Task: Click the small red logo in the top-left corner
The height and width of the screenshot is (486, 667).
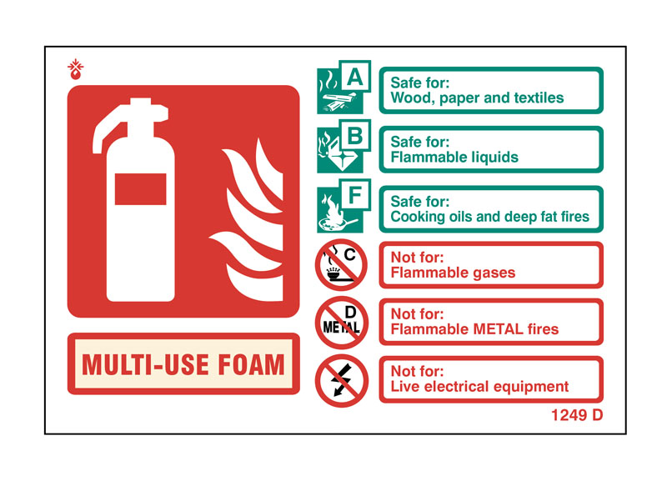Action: (75, 69)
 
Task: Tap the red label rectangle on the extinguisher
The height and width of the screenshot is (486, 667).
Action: (140, 188)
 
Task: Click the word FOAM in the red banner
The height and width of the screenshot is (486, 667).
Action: (251, 364)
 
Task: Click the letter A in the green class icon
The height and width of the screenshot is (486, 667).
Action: (355, 78)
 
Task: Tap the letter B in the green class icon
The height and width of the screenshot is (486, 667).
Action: (355, 136)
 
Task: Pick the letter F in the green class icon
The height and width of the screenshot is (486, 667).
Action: (355, 196)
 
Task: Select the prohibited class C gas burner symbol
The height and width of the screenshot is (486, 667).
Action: (341, 265)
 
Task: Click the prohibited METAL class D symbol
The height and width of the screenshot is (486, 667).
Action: (341, 323)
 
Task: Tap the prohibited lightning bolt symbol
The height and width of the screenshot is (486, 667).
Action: (341, 381)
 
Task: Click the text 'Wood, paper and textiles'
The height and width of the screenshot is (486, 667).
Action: (477, 98)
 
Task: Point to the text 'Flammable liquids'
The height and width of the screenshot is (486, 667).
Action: (454, 158)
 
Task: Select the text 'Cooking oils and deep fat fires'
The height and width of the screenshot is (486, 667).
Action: (489, 217)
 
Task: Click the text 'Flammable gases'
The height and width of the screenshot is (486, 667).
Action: (453, 273)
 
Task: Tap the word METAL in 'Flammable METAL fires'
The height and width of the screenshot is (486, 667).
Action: (498, 329)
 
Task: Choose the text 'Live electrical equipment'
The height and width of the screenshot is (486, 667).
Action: (479, 387)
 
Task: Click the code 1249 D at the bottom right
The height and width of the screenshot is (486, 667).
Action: (577, 415)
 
